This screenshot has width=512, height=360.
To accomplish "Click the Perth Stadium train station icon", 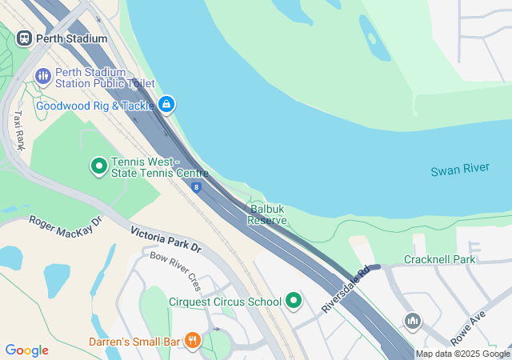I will (x=24, y=38).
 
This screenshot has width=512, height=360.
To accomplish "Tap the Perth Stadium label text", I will (x=72, y=38).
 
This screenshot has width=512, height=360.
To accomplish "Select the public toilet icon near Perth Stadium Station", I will (x=42, y=76).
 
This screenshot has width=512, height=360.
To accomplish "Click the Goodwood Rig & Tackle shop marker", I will (x=166, y=104).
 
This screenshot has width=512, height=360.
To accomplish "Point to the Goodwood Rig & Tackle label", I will (x=95, y=105).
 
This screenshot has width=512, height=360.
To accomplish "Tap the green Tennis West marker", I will (x=99, y=166).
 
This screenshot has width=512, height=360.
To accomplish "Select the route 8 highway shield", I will (x=196, y=188).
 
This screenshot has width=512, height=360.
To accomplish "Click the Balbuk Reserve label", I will (x=266, y=214).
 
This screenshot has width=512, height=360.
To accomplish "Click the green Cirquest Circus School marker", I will (x=294, y=302).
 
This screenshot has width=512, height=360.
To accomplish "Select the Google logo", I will (x=26, y=350).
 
